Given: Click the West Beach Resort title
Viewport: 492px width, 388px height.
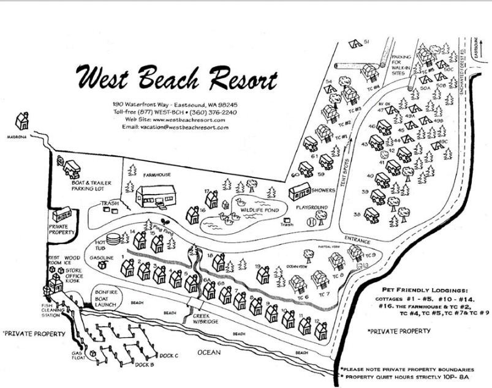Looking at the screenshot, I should (x=176, y=78).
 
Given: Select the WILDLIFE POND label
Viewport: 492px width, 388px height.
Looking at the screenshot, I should (x=260, y=210).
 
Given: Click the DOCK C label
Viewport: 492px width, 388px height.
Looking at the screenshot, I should (x=168, y=355).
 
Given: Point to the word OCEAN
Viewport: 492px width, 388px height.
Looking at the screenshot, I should (x=208, y=353).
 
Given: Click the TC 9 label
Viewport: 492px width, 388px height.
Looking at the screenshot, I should (x=370, y=255).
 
